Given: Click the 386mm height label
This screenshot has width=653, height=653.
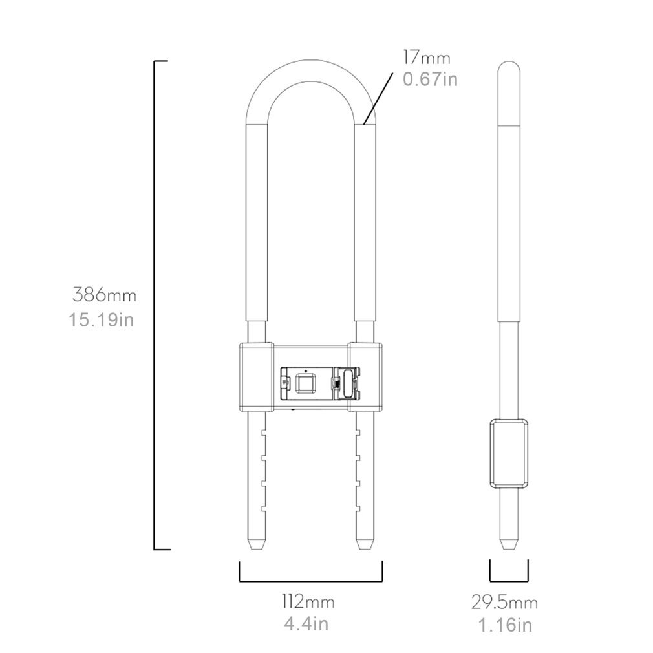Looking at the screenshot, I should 104,295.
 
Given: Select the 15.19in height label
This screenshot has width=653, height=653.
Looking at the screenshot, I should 102,319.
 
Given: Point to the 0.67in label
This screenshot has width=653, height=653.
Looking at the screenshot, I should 430,79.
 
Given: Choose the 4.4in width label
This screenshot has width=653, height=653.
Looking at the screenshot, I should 306,624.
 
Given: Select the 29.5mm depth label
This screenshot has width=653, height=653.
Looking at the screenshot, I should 504,603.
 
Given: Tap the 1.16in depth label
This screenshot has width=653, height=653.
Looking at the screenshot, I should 505,625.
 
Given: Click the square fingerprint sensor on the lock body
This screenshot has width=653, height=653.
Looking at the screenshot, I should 305,384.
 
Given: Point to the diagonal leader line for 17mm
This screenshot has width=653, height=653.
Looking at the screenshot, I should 380,97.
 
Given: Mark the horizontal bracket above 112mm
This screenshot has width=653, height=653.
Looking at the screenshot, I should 311,580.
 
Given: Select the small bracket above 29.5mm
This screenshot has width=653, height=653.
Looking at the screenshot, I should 509,580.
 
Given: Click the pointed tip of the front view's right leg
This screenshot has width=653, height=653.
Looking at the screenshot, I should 364,545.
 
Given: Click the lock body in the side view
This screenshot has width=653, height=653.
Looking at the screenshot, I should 508,452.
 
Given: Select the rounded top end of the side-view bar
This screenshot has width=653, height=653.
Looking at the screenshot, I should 509,67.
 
